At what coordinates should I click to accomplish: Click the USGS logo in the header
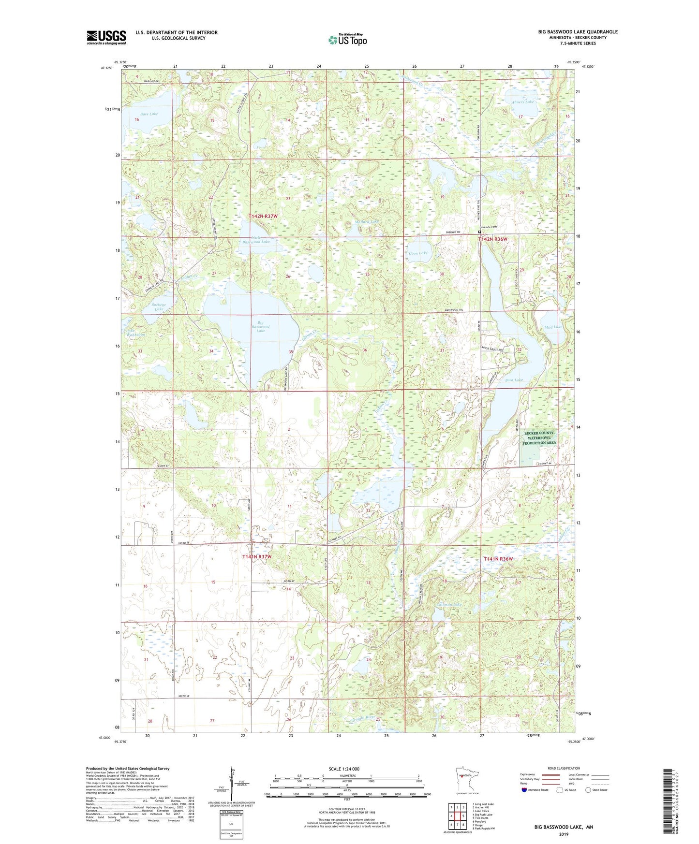pos(106,37)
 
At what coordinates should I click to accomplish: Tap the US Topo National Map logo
pos(347,40)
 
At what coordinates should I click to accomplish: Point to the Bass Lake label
pos(149,114)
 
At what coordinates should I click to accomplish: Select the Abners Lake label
pos(522,102)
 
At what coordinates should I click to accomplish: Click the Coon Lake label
pos(418,253)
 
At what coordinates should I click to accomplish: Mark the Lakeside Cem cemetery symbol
pos(480,232)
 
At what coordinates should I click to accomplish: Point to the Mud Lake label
pos(553,327)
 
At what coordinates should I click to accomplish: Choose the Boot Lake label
pos(514,380)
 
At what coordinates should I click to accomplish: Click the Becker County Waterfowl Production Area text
pos(539,438)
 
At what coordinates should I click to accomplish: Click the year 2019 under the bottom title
pos(564,834)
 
